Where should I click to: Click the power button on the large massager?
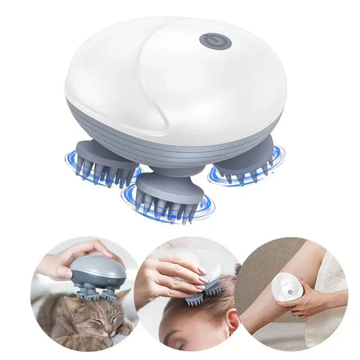(x=215, y=40)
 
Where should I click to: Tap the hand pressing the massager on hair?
(x=169, y=267)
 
